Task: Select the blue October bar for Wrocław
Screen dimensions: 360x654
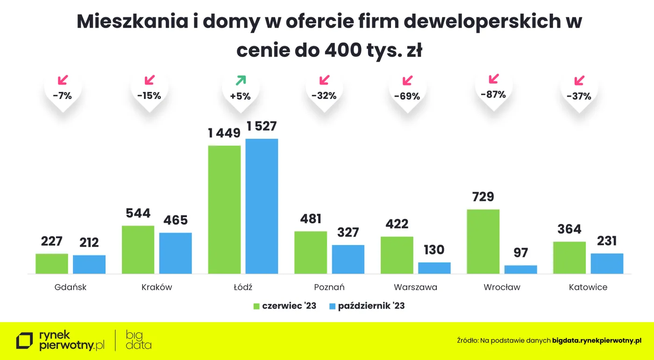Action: pyautogui.click(x=520, y=269)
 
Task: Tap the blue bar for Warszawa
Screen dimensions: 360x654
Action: pyautogui.click(x=434, y=268)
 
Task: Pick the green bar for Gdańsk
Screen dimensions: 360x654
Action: pyautogui.click(x=52, y=263)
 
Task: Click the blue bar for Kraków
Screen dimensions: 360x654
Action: pyautogui.click(x=175, y=253)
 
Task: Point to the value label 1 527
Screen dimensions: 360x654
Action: pyautogui.click(x=262, y=127)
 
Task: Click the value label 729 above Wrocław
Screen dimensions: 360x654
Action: pyautogui.click(x=483, y=197)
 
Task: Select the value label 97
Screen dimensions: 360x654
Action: pyautogui.click(x=520, y=253)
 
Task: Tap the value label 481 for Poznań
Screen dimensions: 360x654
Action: pyautogui.click(x=310, y=219)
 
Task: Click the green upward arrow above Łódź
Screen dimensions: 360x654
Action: pyautogui.click(x=240, y=80)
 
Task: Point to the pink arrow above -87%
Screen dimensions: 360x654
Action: pyautogui.click(x=494, y=78)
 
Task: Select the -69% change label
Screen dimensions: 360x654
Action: pyautogui.click(x=407, y=97)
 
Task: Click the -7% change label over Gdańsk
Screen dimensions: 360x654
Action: pyautogui.click(x=62, y=96)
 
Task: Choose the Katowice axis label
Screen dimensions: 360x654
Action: pyautogui.click(x=588, y=287)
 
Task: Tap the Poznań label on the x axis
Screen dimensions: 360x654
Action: pyautogui.click(x=329, y=287)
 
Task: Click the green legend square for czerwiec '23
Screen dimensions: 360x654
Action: pyautogui.click(x=256, y=306)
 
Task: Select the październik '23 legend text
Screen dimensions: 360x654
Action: pyautogui.click(x=371, y=306)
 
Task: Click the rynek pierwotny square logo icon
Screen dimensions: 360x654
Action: pyautogui.click(x=25, y=341)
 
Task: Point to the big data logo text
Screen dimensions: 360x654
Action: pyautogui.click(x=138, y=340)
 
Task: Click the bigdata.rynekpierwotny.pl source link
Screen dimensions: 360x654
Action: pyautogui.click(x=597, y=341)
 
